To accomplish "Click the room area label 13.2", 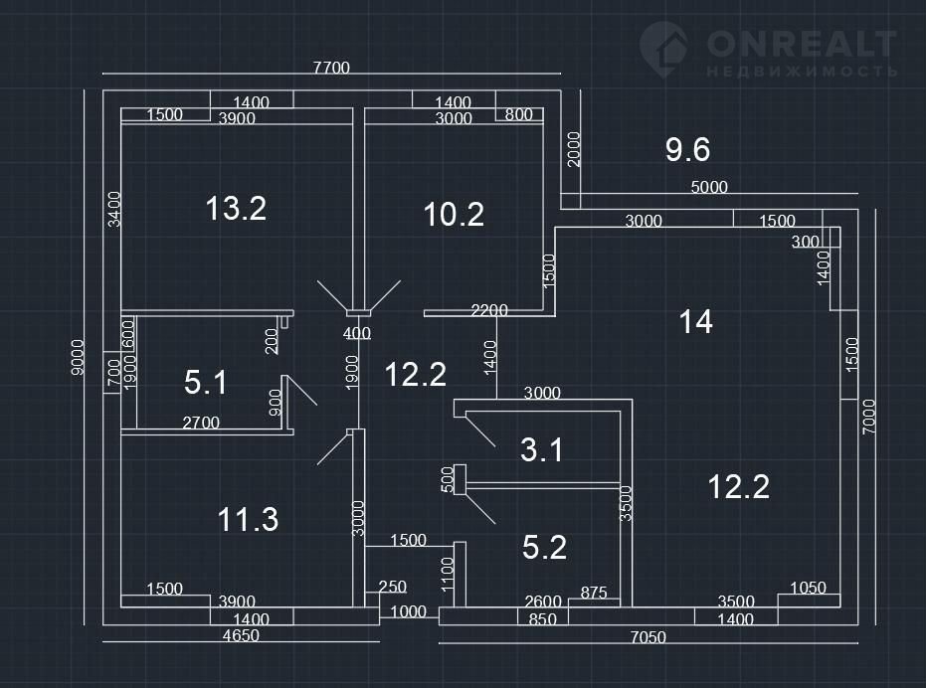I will click(x=236, y=209).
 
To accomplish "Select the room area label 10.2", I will click(x=454, y=214).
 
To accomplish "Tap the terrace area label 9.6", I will click(x=687, y=150).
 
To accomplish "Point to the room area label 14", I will click(x=695, y=321).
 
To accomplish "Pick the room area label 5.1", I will click(x=206, y=382).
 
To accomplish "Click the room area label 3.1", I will click(x=542, y=450).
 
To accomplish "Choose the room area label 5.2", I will click(x=544, y=546).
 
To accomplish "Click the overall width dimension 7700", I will click(x=332, y=69).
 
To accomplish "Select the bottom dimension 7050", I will click(x=648, y=636).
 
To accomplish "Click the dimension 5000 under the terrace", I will click(x=709, y=187).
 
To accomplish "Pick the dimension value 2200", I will click(x=489, y=311).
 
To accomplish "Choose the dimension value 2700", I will click(x=201, y=423).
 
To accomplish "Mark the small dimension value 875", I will click(x=594, y=593).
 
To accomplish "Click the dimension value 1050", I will click(x=808, y=588).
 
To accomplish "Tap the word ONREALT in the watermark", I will click(x=802, y=44).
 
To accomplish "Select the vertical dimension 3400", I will click(x=113, y=209).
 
